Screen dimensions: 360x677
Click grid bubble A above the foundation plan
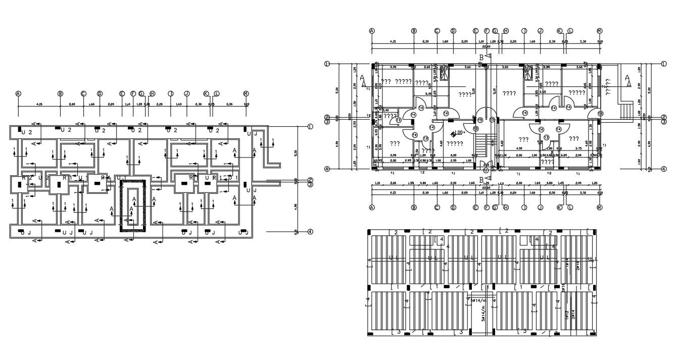tap(18, 93)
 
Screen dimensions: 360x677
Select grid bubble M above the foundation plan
tap(246, 93)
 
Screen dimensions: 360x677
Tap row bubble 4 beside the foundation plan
tap(310, 232)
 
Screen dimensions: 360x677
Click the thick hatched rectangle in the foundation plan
tap(133, 205)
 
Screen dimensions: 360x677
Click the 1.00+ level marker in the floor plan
tap(458, 133)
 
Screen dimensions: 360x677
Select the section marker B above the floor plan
tap(481, 58)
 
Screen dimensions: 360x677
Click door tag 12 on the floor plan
tap(600, 114)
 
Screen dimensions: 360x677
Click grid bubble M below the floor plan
tap(600, 208)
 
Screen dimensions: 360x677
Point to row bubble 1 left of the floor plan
tap(327, 64)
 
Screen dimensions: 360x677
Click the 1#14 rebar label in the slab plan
tap(568, 263)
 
